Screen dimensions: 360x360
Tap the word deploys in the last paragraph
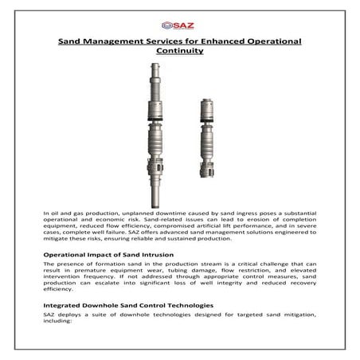pyautogui.click(x=72, y=317)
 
